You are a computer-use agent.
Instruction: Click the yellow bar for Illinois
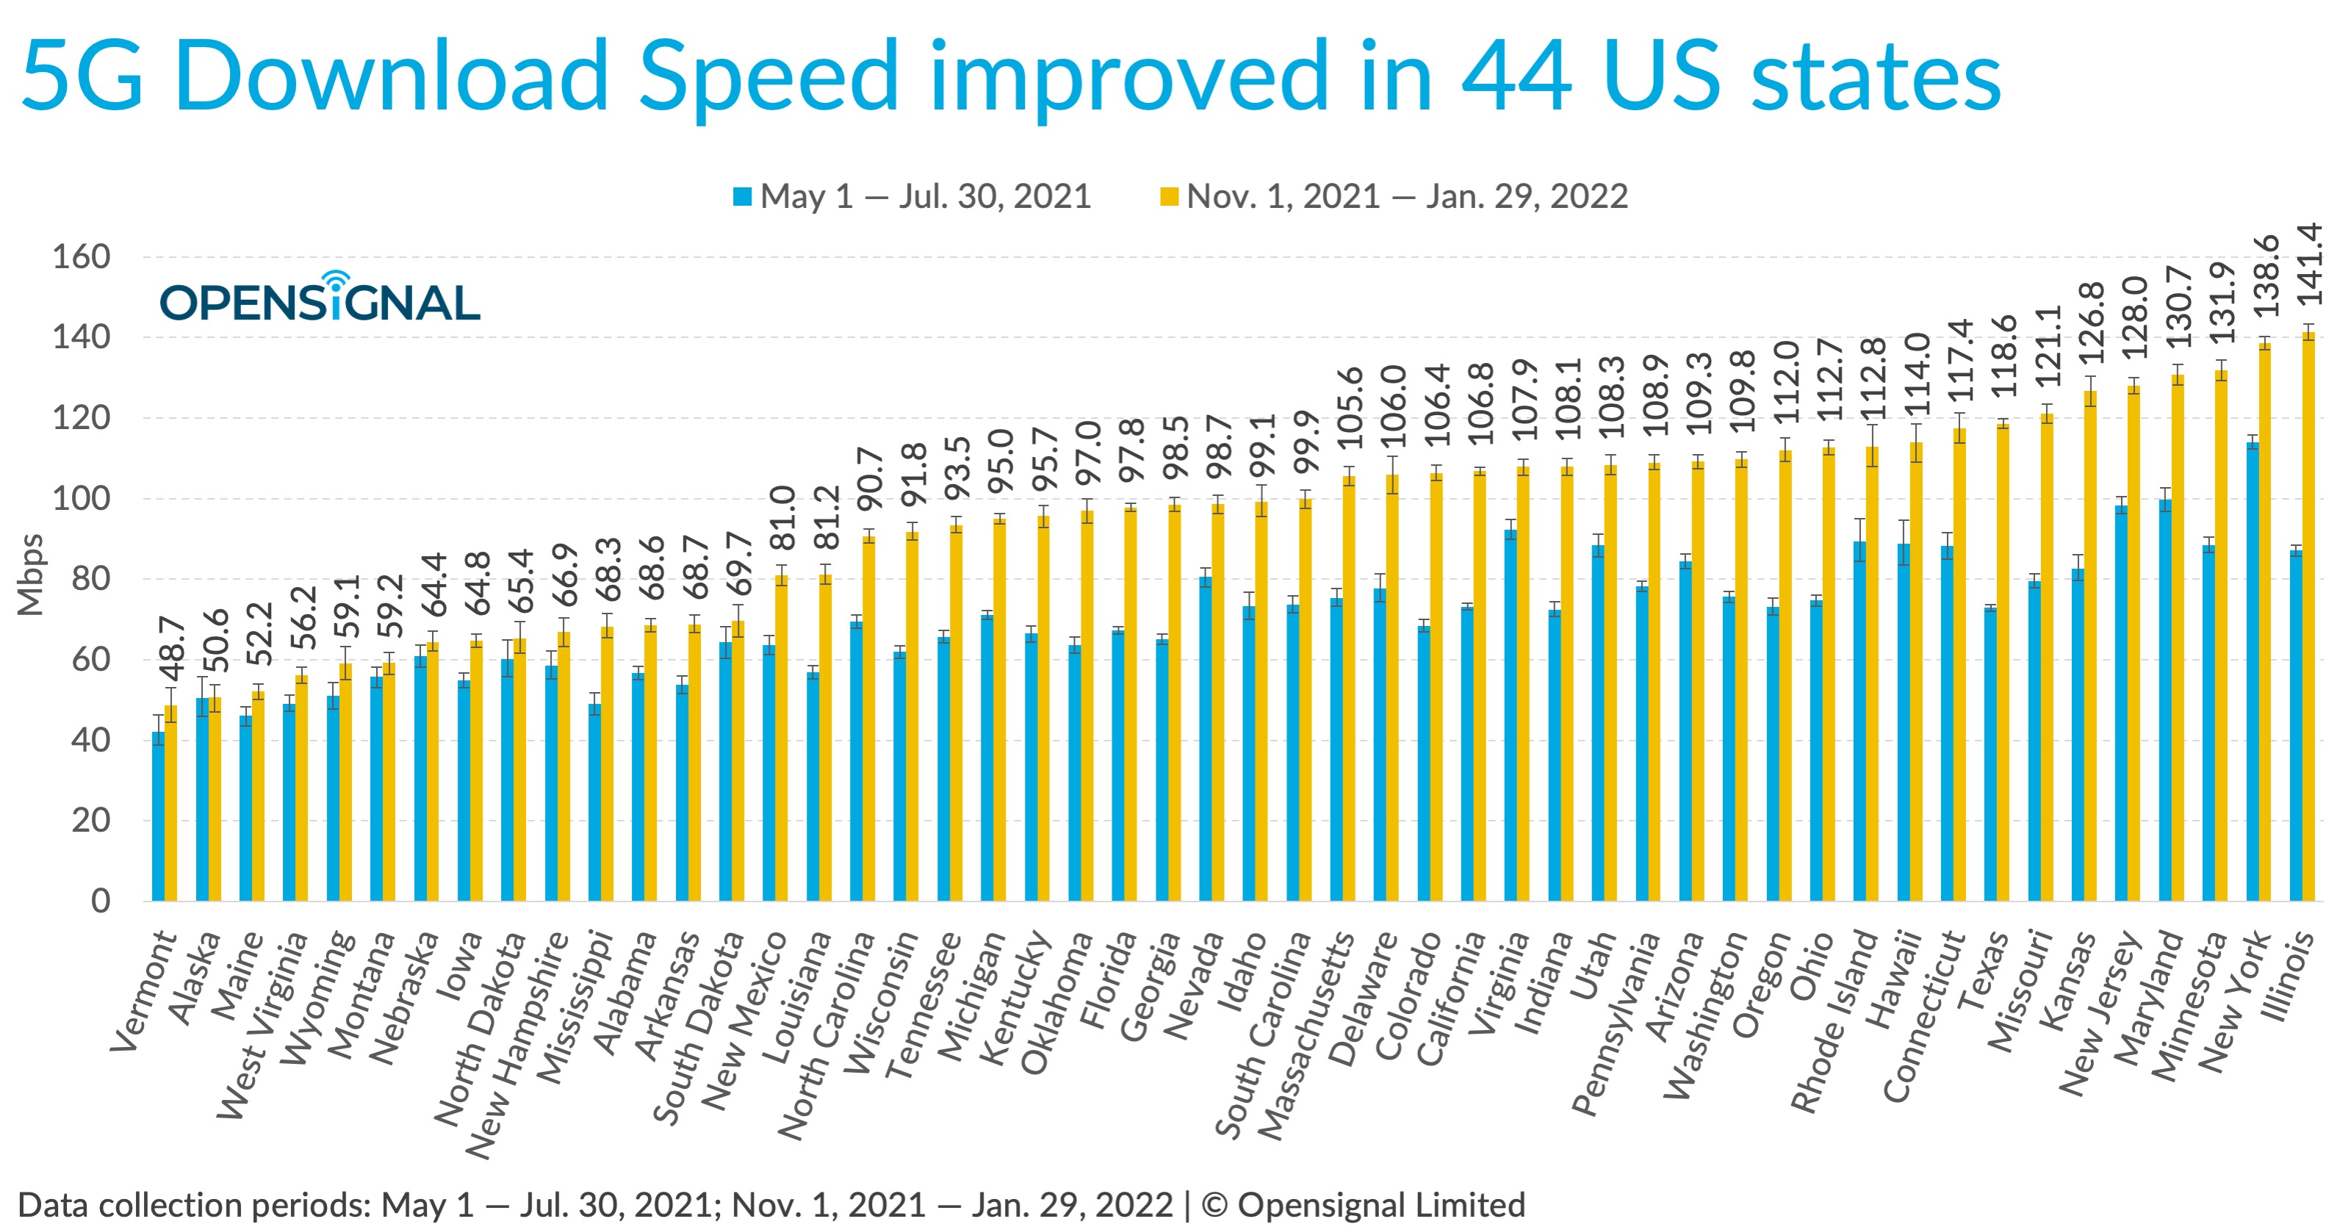click(2308, 621)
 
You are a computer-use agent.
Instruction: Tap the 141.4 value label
click(2309, 265)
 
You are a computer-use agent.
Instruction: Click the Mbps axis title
click(30, 575)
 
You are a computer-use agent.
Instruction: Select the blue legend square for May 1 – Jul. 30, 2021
click(742, 196)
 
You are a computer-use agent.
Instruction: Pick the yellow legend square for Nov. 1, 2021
click(1168, 196)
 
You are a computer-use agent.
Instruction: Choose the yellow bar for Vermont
click(170, 803)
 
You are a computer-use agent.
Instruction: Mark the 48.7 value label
click(172, 650)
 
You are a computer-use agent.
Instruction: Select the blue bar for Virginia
click(1511, 716)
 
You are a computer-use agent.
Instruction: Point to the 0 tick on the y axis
click(101, 901)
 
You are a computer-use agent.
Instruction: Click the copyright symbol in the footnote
click(1214, 1205)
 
